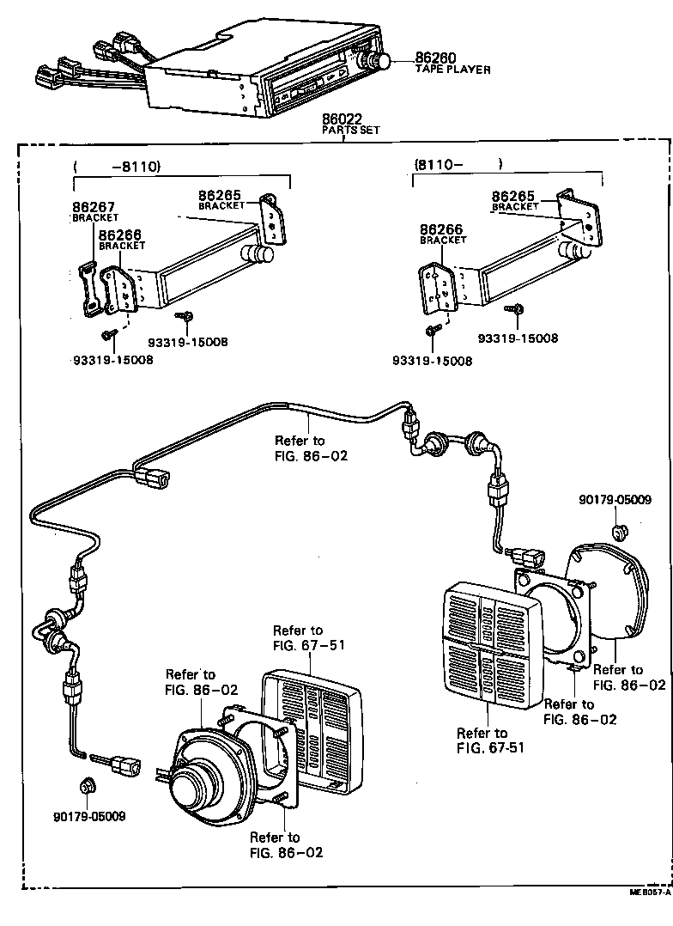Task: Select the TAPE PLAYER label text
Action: click(x=453, y=70)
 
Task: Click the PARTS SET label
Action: click(x=350, y=130)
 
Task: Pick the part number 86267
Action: click(x=94, y=207)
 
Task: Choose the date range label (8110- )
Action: click(x=457, y=163)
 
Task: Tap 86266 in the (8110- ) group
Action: click(x=442, y=229)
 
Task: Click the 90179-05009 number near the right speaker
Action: click(x=615, y=499)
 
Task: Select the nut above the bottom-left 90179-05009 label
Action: click(x=87, y=785)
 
